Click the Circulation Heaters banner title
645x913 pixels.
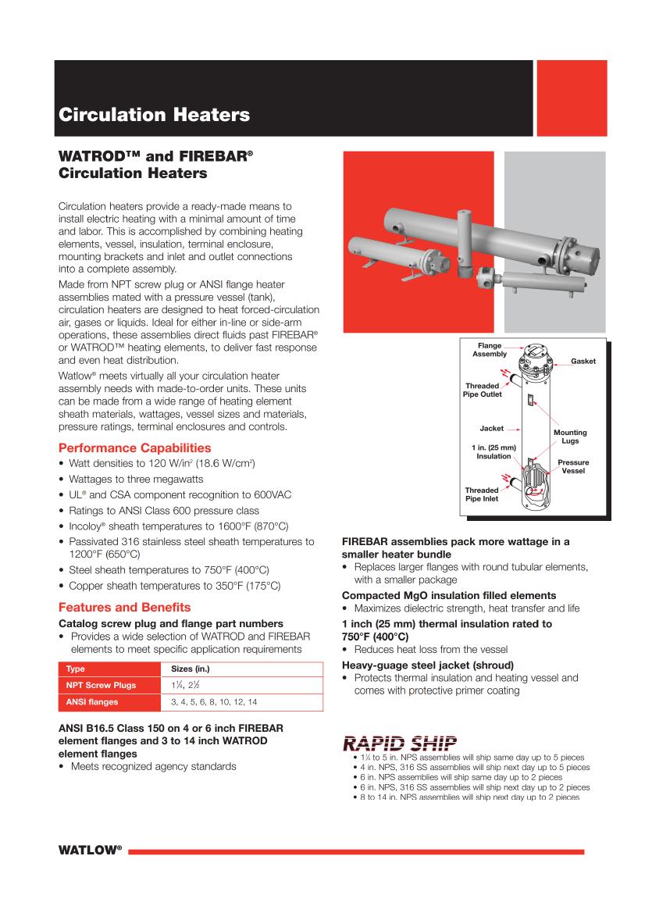pyautogui.click(x=155, y=116)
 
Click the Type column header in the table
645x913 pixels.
pyautogui.click(x=76, y=669)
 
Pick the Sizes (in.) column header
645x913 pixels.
pyautogui.click(x=191, y=669)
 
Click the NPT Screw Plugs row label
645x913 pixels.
pyautogui.click(x=101, y=685)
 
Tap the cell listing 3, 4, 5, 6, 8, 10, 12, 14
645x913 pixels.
pyautogui.click(x=215, y=702)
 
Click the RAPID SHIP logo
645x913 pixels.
pyautogui.click(x=400, y=743)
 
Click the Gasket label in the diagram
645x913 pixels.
pyautogui.click(x=583, y=362)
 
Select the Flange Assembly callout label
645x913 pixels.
pyautogui.click(x=490, y=350)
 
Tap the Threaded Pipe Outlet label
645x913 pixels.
pyautogui.click(x=483, y=391)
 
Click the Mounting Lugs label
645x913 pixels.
pyautogui.click(x=570, y=437)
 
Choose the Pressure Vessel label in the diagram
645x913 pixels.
pyautogui.click(x=573, y=467)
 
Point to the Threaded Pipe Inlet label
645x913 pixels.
pyautogui.click(x=482, y=494)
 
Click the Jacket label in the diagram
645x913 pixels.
pyautogui.click(x=491, y=429)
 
